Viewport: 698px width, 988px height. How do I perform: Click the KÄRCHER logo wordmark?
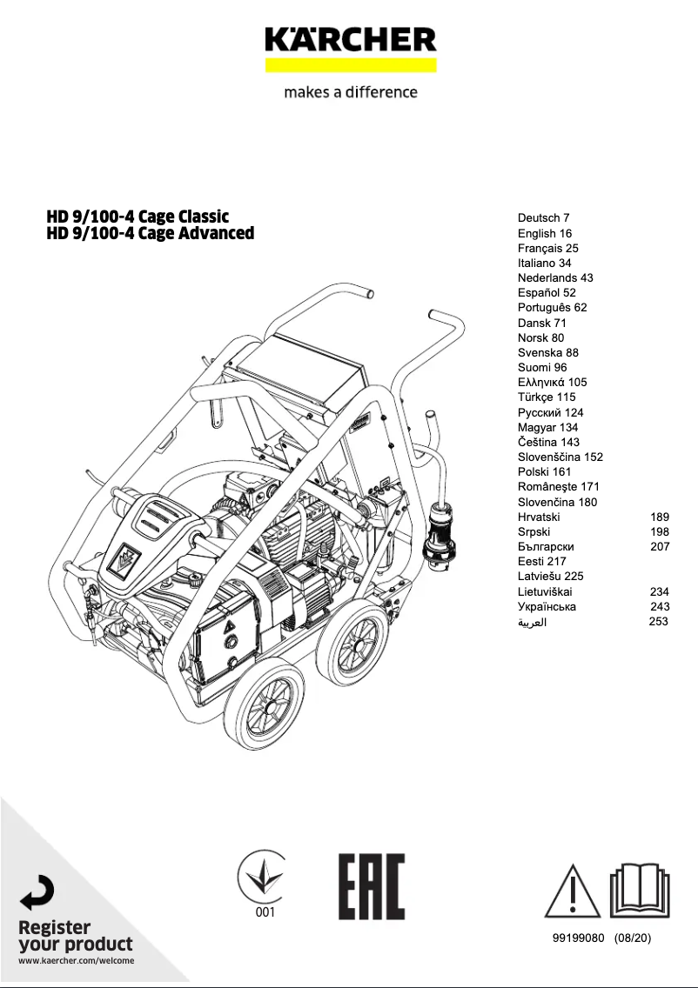tap(350, 40)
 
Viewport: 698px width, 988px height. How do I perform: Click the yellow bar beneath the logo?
tap(350, 65)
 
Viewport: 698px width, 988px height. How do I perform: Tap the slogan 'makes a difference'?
tap(350, 92)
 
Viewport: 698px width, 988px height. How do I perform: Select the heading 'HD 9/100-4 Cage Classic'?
tap(138, 216)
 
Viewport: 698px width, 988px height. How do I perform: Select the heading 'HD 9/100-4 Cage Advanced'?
tap(150, 233)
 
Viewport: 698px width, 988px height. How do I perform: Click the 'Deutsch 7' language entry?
tap(543, 218)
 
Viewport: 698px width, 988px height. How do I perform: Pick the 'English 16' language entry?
tap(544, 233)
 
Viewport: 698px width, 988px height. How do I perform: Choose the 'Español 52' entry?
tap(547, 293)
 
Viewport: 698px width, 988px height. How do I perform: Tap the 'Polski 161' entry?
tap(544, 471)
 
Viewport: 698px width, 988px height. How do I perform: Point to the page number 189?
tap(659, 517)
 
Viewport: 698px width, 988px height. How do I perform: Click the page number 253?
tap(659, 622)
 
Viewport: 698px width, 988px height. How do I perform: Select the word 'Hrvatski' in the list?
tap(539, 517)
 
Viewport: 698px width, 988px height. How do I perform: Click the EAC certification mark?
tap(372, 886)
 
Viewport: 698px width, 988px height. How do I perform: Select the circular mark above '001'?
tap(264, 875)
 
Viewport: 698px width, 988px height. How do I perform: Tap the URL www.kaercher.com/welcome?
tap(77, 961)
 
